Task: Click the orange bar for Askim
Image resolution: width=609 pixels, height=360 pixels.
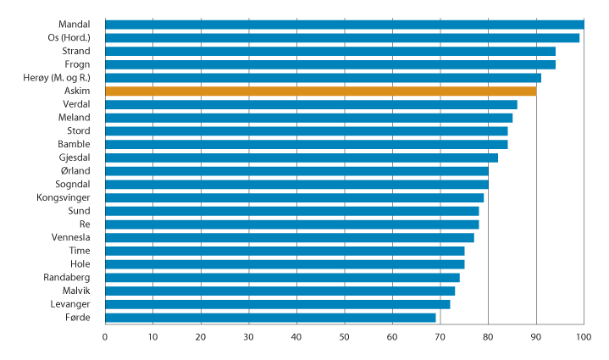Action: (x=320, y=91)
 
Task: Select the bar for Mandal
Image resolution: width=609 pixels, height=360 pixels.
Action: (x=344, y=24)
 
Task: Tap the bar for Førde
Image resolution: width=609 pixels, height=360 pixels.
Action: (x=270, y=318)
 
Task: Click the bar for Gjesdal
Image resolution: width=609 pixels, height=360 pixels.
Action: (x=302, y=158)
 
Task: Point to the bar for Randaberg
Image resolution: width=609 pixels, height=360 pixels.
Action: (x=282, y=277)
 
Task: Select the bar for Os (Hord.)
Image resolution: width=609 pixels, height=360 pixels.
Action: (x=342, y=37)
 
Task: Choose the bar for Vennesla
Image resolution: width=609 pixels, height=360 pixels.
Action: (x=289, y=237)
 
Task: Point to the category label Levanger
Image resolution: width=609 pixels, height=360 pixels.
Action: (x=69, y=304)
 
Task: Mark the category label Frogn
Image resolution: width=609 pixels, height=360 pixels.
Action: (x=78, y=64)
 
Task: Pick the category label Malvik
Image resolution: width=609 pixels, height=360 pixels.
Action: (x=76, y=291)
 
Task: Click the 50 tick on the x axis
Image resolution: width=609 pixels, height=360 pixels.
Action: (x=344, y=338)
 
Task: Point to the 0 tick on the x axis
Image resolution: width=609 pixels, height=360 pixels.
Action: (x=105, y=338)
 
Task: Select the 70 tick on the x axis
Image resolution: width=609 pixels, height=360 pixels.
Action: (x=440, y=338)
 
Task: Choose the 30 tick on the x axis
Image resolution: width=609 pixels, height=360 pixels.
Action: (x=248, y=338)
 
